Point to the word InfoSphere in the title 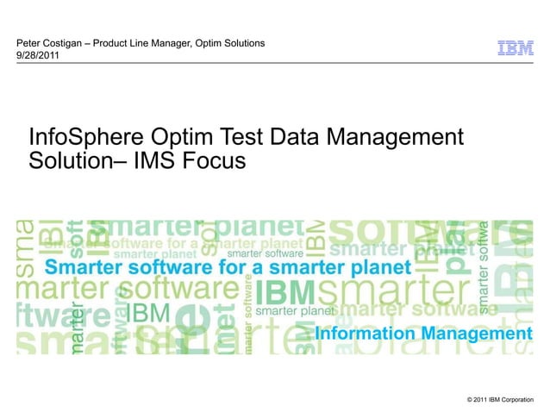78,137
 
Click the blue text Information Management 423,333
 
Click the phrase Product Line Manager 140,43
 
